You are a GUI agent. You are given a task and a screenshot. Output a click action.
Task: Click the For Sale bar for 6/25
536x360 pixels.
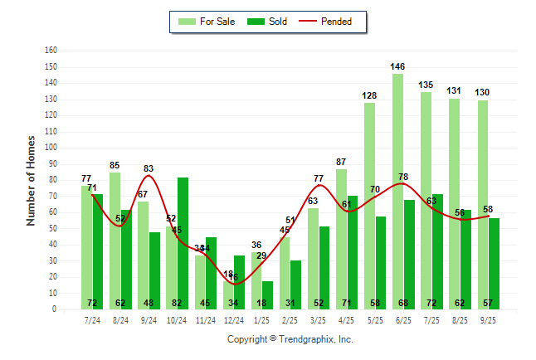pos(398,191)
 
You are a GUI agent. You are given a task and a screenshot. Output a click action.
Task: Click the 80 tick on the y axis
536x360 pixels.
pos(53,179)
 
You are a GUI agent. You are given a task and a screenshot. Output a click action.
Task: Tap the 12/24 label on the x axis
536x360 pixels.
pos(233,320)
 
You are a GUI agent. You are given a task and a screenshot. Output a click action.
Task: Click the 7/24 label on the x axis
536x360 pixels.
pos(92,320)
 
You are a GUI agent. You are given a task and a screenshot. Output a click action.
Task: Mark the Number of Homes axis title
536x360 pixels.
pos(32,180)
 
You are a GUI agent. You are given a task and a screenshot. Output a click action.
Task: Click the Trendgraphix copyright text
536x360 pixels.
pos(290,339)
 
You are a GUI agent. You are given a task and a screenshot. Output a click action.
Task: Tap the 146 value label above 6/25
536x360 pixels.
pos(397,66)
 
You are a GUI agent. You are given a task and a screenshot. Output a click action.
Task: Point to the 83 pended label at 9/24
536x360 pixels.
pos(149,168)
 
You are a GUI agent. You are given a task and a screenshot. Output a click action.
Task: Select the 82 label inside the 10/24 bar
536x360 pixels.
pos(183,303)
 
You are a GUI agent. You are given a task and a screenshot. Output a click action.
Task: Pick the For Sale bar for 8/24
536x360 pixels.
pos(115,241)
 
